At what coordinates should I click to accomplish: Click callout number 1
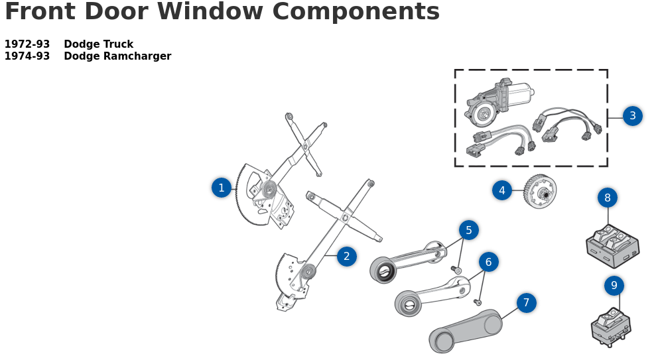point(222,188)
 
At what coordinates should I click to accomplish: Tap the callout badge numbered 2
point(346,257)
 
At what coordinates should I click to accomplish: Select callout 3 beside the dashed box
point(632,116)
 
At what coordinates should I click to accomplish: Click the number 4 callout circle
point(502,190)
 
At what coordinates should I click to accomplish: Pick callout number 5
point(468,230)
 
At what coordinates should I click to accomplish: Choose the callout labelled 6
point(488,262)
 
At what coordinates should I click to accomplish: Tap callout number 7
point(526,303)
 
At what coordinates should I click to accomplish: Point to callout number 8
point(607,198)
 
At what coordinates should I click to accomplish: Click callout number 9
point(614,286)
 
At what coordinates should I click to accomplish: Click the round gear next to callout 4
point(540,192)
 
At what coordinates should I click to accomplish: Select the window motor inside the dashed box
point(497,102)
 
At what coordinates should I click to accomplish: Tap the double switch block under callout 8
point(612,245)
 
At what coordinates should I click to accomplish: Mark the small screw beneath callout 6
point(478,302)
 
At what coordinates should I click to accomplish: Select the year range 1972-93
point(27,44)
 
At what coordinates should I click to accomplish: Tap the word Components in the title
point(356,12)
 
